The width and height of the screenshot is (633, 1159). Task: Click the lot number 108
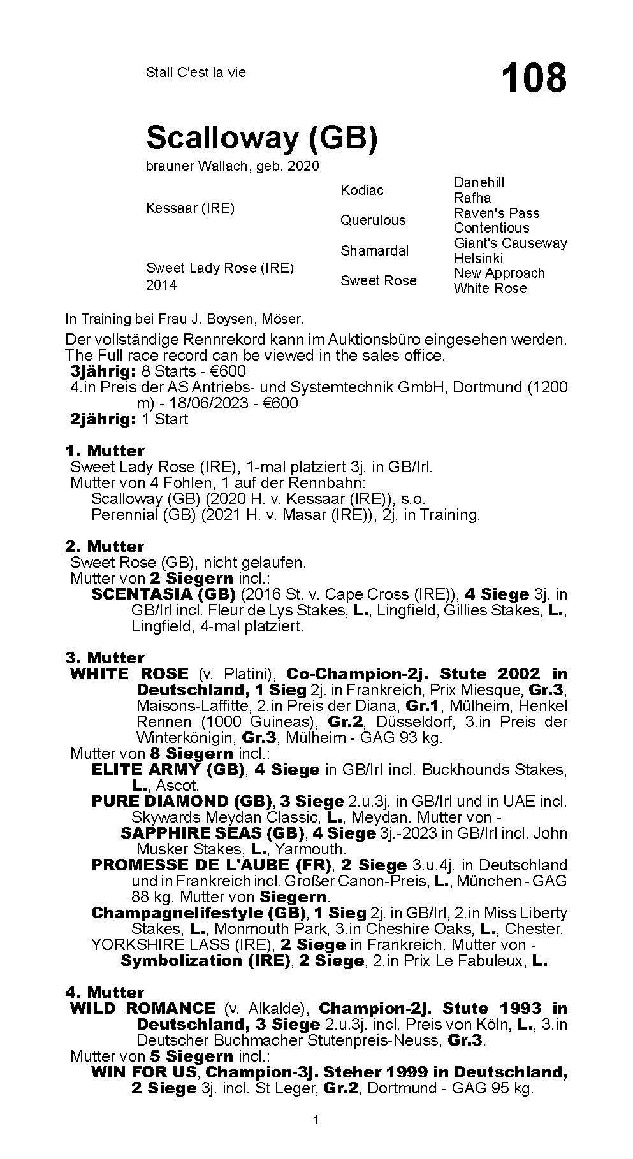coord(534,78)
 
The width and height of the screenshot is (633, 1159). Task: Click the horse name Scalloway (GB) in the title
coord(262,137)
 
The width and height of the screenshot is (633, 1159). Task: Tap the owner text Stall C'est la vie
coord(196,72)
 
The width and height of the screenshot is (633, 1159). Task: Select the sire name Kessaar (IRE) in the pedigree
coord(190,208)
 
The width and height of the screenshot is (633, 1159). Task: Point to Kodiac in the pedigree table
coord(362,191)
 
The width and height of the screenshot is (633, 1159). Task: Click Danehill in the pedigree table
coord(479,182)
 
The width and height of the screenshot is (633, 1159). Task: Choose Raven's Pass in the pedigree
coord(497,213)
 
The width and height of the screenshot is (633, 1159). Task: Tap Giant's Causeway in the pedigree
coord(510,243)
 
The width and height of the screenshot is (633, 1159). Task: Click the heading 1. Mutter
coord(105,451)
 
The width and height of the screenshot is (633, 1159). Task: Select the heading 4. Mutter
coord(105,992)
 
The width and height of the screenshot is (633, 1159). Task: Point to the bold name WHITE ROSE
coord(129,674)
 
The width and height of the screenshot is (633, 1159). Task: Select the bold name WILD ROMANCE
coord(142,1009)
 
